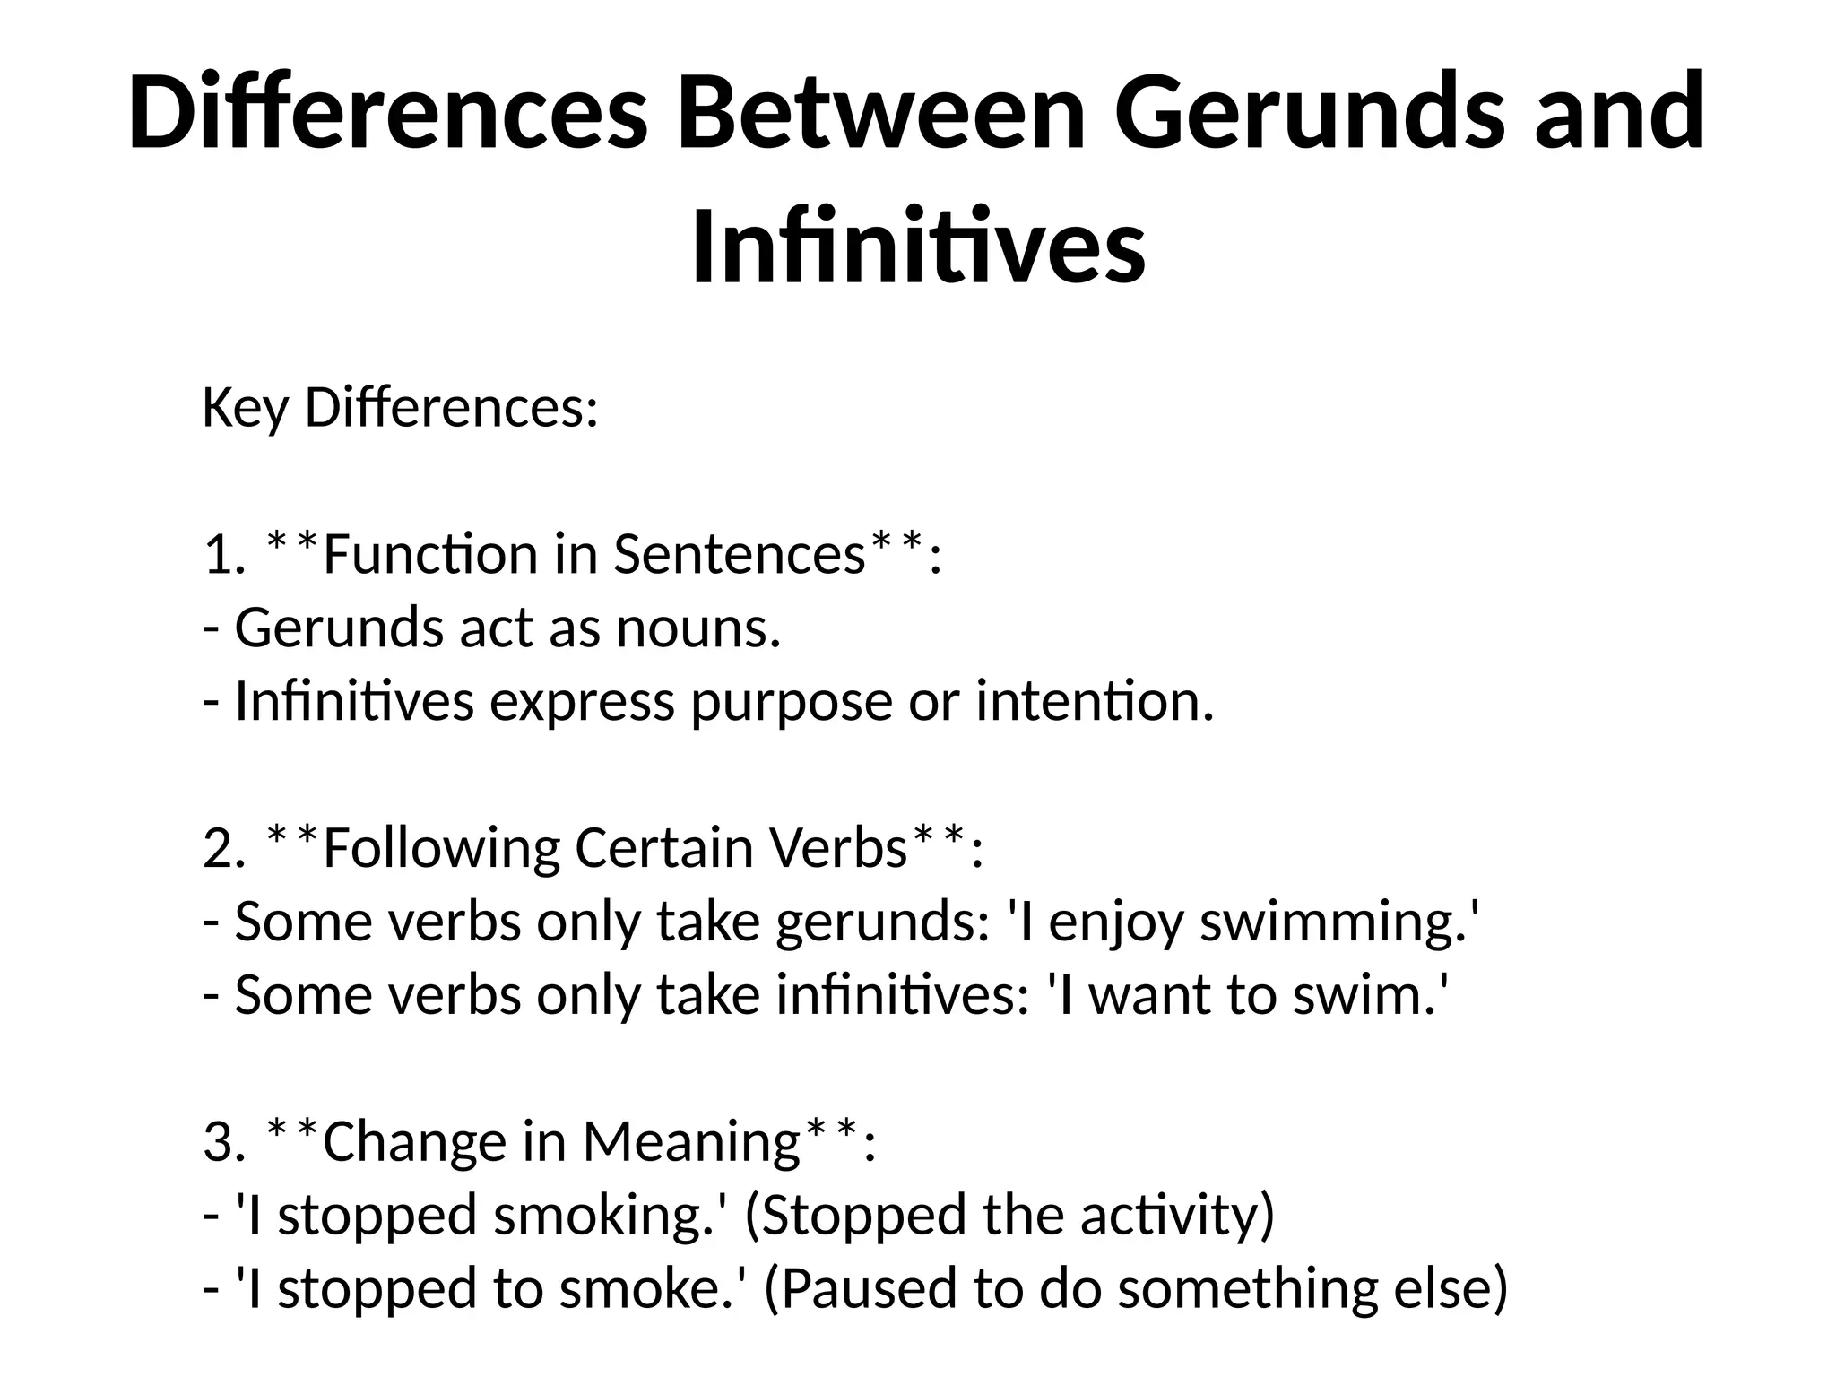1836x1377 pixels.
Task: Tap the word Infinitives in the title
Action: [918, 244]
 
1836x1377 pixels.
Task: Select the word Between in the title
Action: [880, 113]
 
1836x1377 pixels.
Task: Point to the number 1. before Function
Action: [224, 555]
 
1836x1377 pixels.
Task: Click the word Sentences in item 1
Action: [739, 555]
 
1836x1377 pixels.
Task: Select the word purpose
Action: [791, 702]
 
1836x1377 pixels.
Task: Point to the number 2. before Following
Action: [224, 848]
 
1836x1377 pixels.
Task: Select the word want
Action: [1149, 995]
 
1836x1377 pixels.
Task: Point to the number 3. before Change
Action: [224, 1142]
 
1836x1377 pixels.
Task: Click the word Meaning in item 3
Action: [690, 1142]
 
